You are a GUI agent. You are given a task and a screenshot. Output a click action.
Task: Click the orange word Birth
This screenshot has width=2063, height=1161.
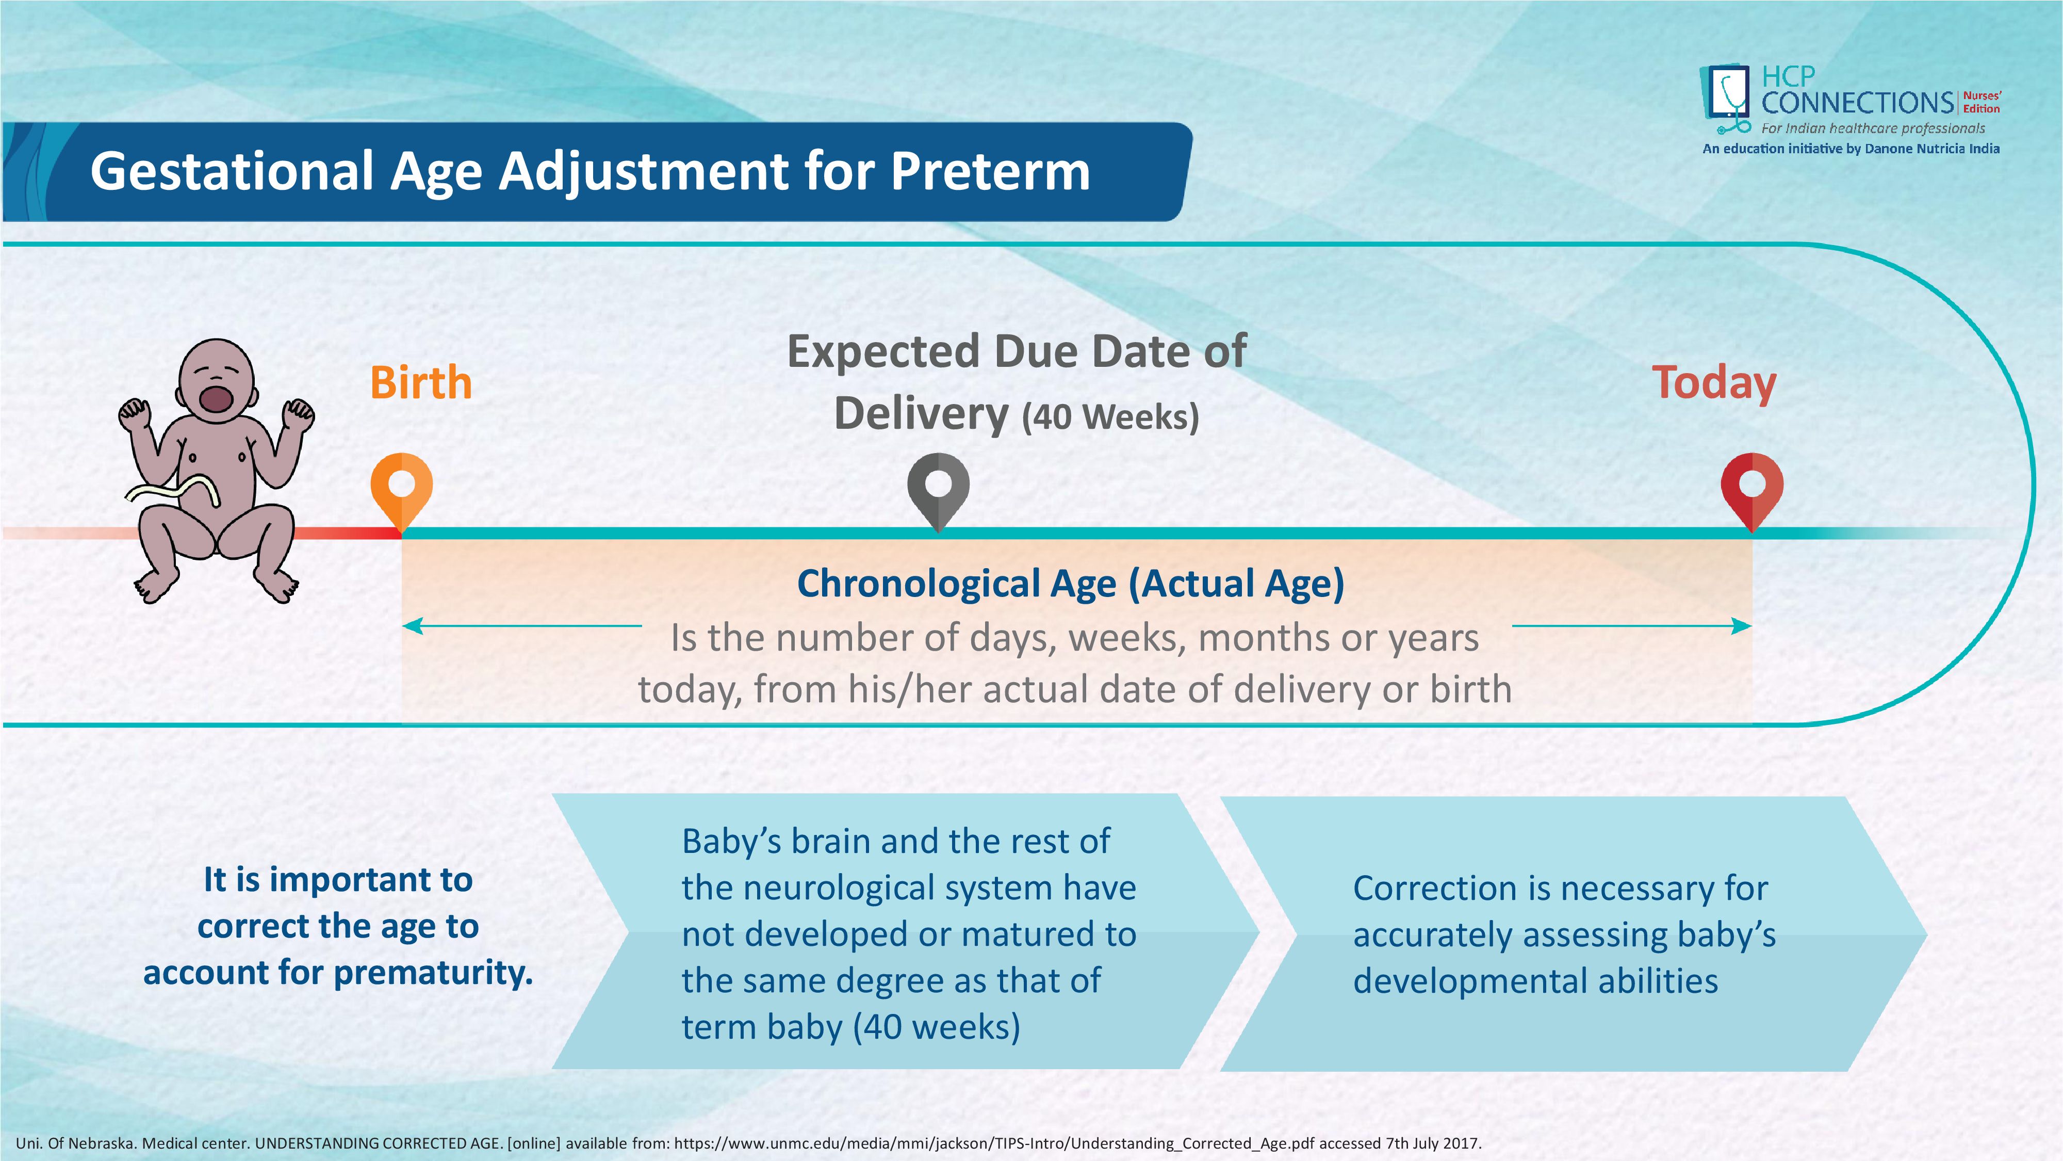click(420, 382)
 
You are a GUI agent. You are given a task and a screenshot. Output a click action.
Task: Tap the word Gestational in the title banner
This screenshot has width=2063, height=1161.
click(232, 171)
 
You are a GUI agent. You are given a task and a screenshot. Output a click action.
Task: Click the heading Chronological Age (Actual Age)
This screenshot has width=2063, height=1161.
click(1071, 583)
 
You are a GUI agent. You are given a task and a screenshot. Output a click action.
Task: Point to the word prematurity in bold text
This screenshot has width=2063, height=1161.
click(433, 973)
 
